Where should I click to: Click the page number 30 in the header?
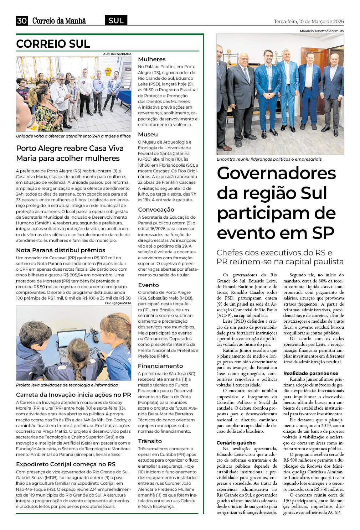pos(22,21)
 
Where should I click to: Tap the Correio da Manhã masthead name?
pos(59,21)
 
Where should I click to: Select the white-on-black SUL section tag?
pos(116,21)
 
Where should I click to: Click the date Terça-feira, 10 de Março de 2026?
pos(309,21)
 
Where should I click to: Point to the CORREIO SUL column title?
pos(53,44)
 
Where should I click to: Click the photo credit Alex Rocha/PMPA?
pos(117,54)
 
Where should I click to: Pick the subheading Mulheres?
pos(152,59)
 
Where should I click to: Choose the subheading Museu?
pos(148,134)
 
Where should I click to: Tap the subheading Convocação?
pos(156,209)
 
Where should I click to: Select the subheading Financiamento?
pos(160,366)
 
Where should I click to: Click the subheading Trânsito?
pos(150,441)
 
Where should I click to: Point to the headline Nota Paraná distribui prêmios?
pos(61,250)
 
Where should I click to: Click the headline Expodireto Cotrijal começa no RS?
pos(66,464)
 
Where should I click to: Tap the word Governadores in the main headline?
pos(276,173)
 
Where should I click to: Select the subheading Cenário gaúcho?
pos(236,443)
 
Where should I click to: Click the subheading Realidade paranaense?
pos(310,373)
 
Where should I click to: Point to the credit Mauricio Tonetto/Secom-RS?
pos(322,31)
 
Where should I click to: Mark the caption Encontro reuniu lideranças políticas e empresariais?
pos(269,159)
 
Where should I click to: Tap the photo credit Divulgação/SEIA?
pos(118,303)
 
